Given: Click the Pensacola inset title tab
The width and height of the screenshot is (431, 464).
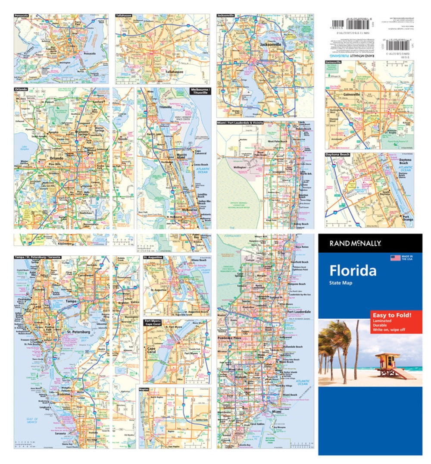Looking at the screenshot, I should click(x=22, y=16).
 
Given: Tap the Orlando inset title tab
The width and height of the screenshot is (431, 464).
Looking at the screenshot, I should click(x=21, y=89).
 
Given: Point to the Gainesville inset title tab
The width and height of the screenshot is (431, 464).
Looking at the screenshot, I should click(x=334, y=62).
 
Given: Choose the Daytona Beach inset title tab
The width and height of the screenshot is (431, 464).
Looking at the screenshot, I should click(x=337, y=154).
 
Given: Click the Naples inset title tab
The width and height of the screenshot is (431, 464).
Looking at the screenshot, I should click(x=144, y=389).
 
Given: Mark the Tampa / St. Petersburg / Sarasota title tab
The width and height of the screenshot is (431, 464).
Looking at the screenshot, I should click(x=37, y=257).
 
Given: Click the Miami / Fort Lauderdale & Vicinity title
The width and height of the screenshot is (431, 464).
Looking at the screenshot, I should click(x=240, y=123).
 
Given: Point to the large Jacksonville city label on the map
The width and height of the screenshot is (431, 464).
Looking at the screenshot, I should click(x=270, y=44).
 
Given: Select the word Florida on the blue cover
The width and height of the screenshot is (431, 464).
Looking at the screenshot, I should click(x=353, y=270).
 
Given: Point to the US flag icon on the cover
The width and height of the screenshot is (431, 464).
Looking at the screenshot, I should click(x=395, y=258).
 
